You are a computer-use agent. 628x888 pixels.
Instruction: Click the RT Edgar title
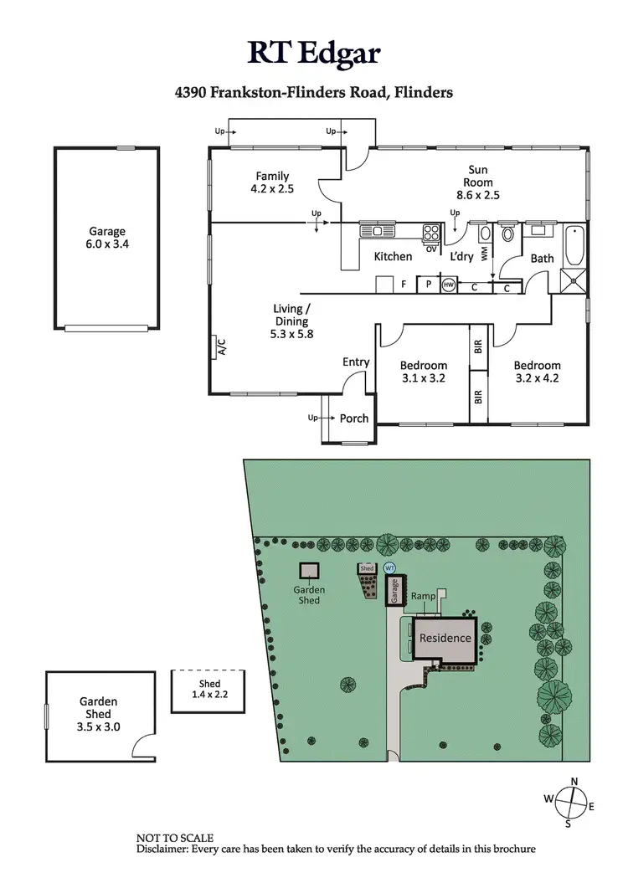[x=313, y=52]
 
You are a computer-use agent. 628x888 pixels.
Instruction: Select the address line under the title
[x=313, y=93]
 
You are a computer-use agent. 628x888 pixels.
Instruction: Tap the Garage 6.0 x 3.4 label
[x=107, y=239]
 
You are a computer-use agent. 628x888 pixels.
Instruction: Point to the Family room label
[x=272, y=182]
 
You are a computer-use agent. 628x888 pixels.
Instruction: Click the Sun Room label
[x=480, y=182]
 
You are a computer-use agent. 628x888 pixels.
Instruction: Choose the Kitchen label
[x=393, y=257]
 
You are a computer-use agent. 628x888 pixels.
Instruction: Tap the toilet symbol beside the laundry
[x=506, y=235]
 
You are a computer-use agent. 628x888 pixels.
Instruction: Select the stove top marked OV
[x=432, y=234]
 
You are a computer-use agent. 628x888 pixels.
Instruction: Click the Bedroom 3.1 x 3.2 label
[x=423, y=372]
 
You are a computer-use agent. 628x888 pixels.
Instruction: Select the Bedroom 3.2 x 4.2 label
[x=537, y=372]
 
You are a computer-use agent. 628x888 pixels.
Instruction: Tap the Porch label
[x=354, y=418]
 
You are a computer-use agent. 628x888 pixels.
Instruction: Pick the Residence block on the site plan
[x=445, y=639]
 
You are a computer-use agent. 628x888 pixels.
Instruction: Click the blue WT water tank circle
[x=389, y=568]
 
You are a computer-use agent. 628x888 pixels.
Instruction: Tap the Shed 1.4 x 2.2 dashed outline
[x=209, y=690]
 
